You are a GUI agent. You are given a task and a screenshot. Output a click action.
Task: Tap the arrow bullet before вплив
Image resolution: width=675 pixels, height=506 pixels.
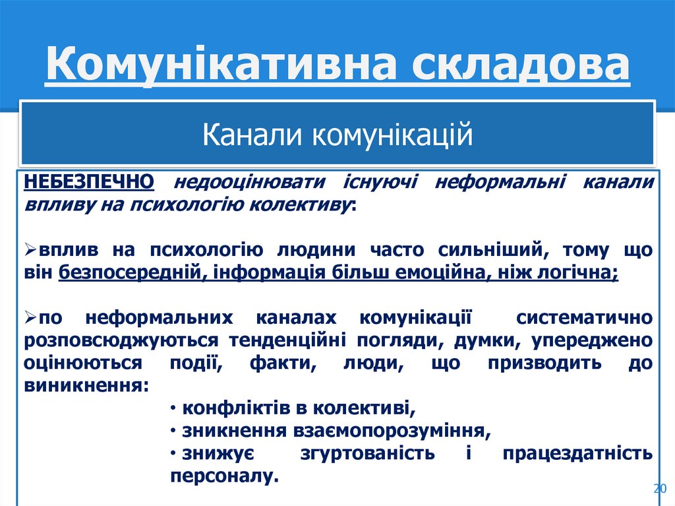click(x=31, y=251)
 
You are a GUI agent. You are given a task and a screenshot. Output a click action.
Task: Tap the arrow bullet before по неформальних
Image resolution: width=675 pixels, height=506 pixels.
click(x=31, y=319)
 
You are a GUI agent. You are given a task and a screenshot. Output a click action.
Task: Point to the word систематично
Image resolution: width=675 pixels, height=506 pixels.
click(x=585, y=319)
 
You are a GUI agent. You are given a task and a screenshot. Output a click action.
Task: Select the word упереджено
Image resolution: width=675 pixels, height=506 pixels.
click(x=601, y=340)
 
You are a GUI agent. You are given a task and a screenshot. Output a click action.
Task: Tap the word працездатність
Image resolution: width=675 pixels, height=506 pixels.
click(x=577, y=454)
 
